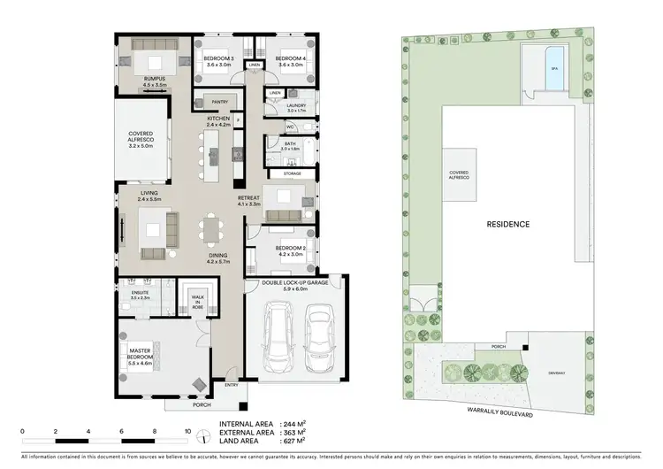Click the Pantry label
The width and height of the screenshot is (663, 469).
pyautogui.click(x=217, y=102)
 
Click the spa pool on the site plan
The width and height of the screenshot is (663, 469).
pyautogui.click(x=554, y=67)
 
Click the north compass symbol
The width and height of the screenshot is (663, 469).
pyautogui.click(x=205, y=434)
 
